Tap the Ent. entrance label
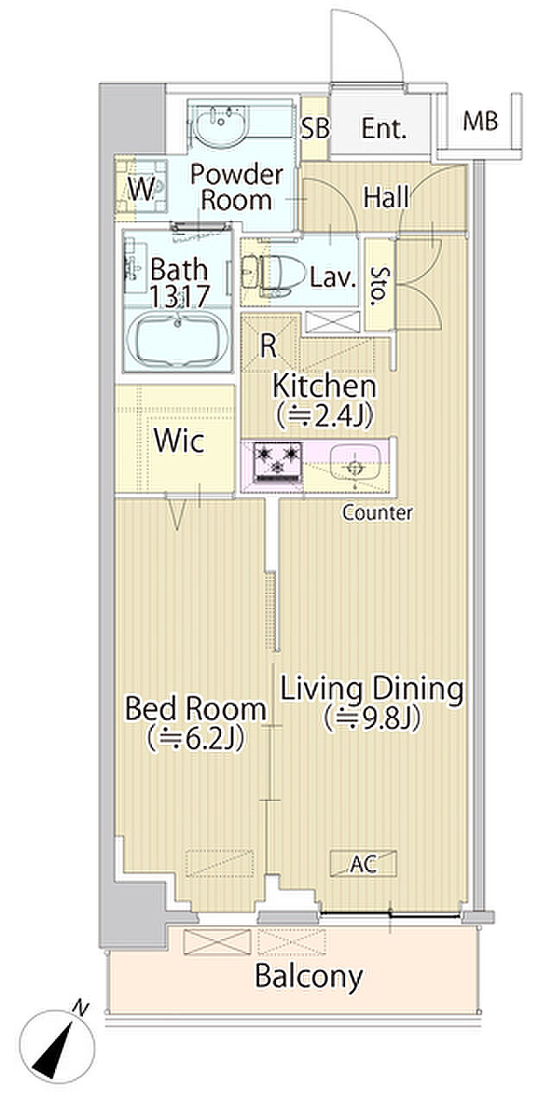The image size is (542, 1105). coord(384,129)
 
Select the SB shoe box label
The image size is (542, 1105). coord(315,129)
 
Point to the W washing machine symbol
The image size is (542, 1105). coord(142,188)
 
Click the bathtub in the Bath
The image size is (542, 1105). coord(178,338)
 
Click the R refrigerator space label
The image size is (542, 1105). coord(268,346)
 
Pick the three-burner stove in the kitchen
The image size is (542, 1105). coord(277,462)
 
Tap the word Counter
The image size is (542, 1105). coord(377,513)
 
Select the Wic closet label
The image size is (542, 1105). coord(179,440)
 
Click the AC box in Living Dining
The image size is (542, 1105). coord(363,863)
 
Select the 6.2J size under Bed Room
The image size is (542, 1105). coord(196,740)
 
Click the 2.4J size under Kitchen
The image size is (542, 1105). coord(325,416)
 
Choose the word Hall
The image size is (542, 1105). coord(386,197)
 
